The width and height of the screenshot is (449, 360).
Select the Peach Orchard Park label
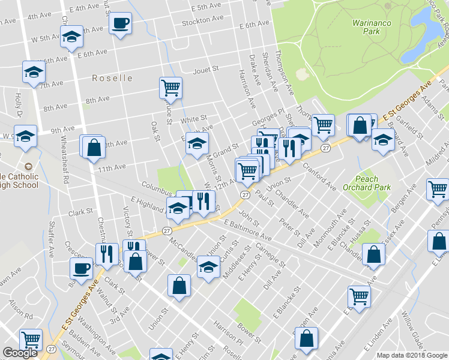tap(373, 183)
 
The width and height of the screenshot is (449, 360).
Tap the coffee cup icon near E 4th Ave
tap(120, 23)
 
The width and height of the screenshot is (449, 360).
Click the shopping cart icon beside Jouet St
tap(170, 88)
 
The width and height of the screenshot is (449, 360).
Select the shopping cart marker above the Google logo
tap(31, 340)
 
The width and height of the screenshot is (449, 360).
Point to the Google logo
tap(20, 353)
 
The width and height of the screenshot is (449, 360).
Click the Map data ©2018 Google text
tap(411, 355)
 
